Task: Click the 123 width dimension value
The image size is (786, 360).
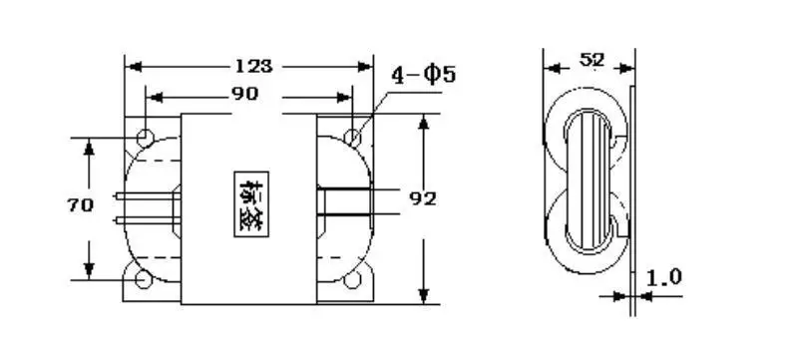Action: (253, 67)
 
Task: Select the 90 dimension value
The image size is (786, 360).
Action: (245, 96)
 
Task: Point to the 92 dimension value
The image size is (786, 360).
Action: (425, 197)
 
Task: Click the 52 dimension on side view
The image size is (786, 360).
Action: (592, 61)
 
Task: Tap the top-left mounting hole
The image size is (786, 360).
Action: (146, 136)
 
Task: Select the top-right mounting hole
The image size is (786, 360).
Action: (352, 136)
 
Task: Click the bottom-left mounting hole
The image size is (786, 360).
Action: (146, 280)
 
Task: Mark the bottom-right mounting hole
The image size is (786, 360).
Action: (352, 280)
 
